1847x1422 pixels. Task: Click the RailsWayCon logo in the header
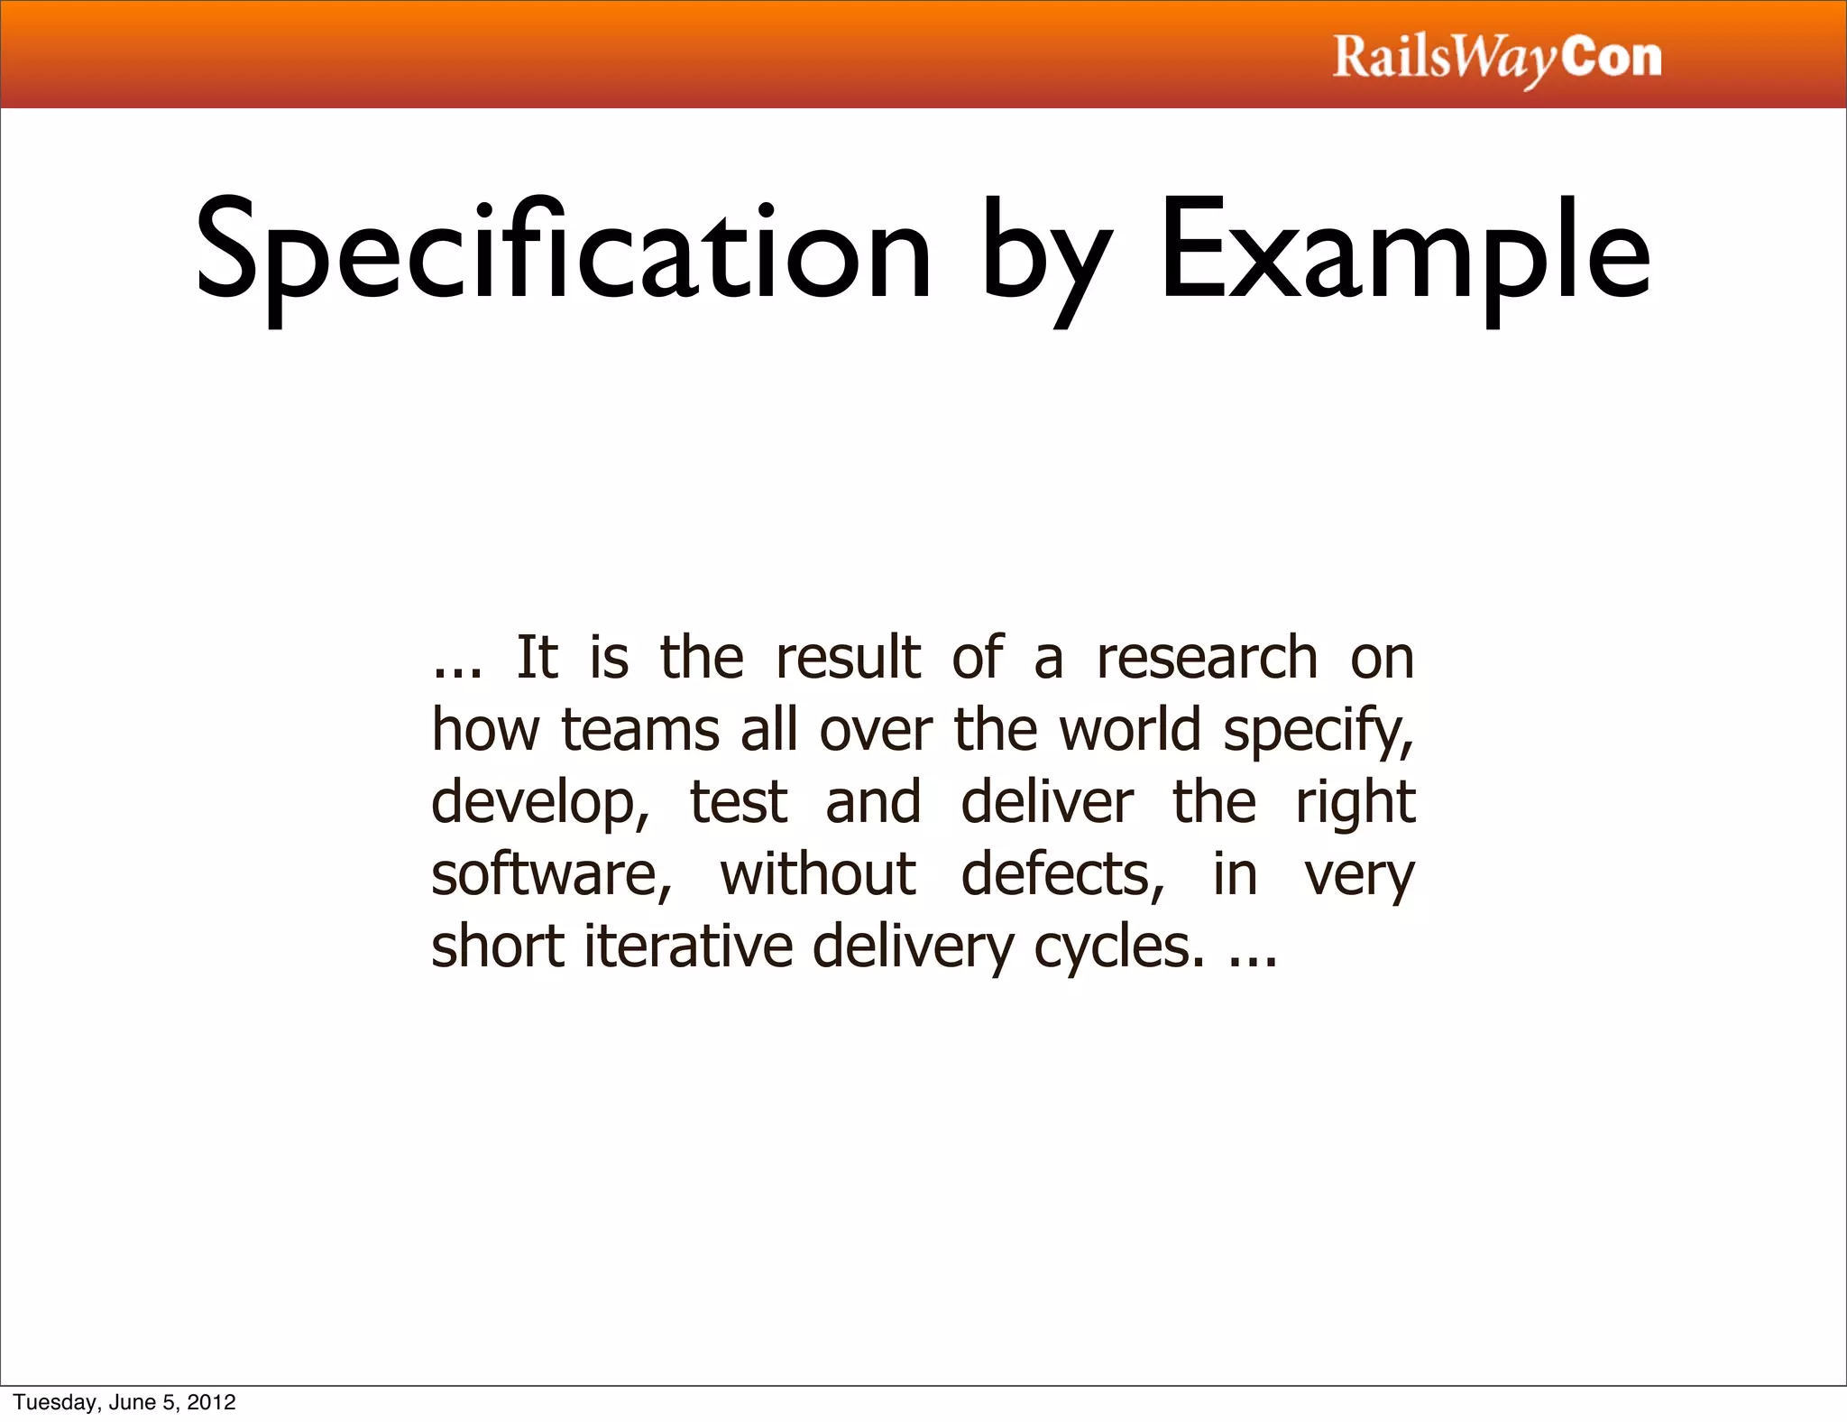[x=1496, y=59]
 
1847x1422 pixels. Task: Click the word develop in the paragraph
[x=538, y=803]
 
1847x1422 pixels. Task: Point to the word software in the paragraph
[x=549, y=874]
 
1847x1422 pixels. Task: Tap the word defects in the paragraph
[x=1061, y=874]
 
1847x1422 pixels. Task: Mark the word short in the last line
[x=498, y=946]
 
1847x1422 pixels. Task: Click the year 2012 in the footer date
[x=212, y=1402]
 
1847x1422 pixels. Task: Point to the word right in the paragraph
[x=1355, y=803]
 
